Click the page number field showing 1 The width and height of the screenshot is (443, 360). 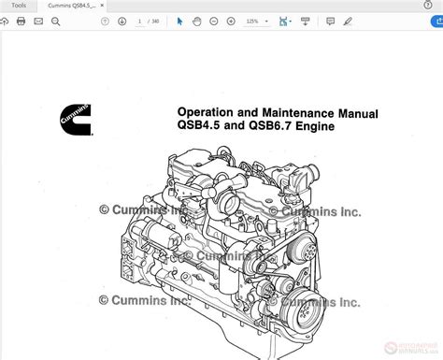[x=140, y=22]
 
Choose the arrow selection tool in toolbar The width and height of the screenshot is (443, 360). [x=180, y=22]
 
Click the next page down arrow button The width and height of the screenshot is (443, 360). [x=121, y=22]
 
